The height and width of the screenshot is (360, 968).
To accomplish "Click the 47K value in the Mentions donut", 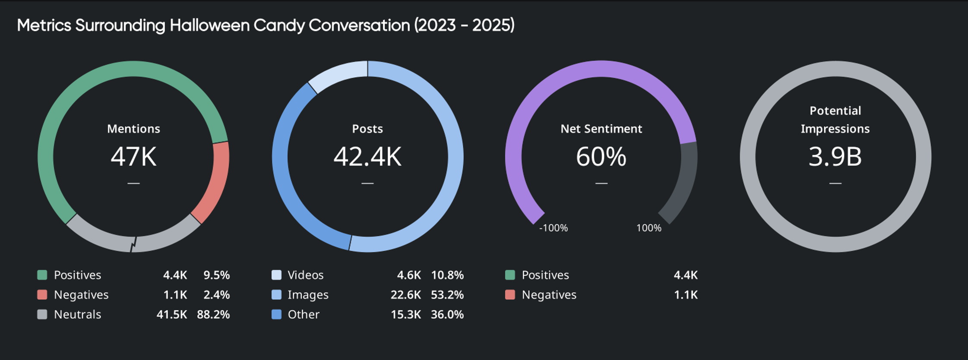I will click(133, 156).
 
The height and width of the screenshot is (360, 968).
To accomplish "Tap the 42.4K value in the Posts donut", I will click(367, 156).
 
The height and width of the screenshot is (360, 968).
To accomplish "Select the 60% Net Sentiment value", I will click(601, 156).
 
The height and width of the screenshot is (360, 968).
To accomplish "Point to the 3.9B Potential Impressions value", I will click(835, 156).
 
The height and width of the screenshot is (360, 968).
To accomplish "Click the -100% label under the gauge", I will click(553, 228).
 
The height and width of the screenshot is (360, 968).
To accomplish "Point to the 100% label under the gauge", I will click(648, 228).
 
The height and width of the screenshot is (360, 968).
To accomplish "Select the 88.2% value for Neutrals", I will click(213, 314).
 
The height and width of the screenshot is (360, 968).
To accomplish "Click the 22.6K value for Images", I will click(405, 295).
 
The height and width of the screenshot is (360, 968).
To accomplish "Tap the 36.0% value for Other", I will click(447, 314).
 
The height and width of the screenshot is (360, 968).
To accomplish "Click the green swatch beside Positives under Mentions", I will click(42, 275).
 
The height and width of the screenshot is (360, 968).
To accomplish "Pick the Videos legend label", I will click(305, 275).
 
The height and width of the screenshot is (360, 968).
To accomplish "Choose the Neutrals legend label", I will click(77, 314).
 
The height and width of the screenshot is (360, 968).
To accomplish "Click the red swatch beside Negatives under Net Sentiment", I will click(510, 295).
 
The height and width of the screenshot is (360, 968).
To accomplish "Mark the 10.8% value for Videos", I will click(447, 275).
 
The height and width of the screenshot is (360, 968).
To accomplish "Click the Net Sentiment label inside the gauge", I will click(601, 129).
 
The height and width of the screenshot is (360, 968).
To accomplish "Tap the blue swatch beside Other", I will click(276, 314).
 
